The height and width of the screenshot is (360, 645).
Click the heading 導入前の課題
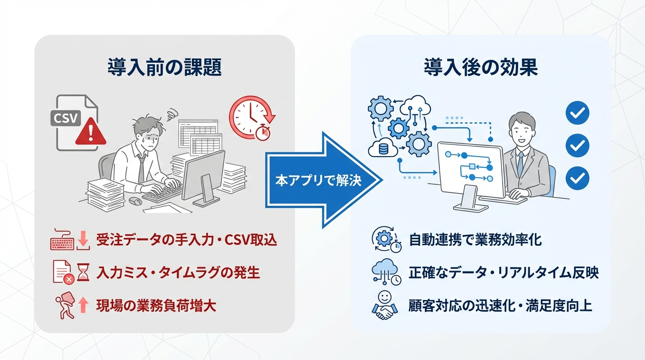click(164, 67)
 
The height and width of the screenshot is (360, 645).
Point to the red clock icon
click(251, 116)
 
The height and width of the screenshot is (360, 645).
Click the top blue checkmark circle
click(577, 113)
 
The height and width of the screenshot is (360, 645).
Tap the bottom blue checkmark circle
click(577, 178)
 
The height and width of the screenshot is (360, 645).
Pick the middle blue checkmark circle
click(577, 145)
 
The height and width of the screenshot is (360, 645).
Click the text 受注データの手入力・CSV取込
click(187, 240)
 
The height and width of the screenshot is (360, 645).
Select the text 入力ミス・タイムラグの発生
click(178, 272)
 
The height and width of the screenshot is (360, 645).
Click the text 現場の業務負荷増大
click(156, 306)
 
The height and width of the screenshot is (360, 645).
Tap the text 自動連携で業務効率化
click(475, 240)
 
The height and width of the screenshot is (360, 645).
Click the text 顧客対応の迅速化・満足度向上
click(501, 306)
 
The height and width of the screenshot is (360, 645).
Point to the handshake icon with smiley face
click(384, 306)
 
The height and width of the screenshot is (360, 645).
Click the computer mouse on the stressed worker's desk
click(135, 201)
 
